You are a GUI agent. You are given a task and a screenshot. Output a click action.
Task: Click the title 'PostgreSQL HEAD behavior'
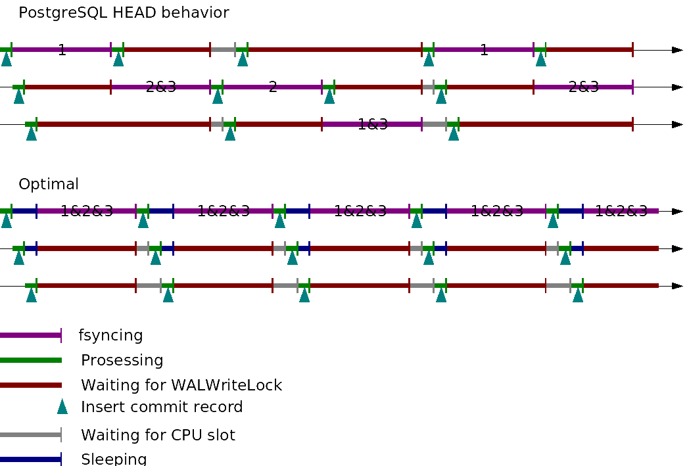(x=124, y=12)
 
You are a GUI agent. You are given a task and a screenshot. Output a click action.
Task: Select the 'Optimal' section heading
(x=49, y=184)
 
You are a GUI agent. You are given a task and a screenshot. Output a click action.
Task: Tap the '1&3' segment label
(x=373, y=124)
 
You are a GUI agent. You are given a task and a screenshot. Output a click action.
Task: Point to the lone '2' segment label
(x=273, y=87)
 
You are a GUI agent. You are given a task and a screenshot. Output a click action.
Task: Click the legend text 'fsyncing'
(x=110, y=335)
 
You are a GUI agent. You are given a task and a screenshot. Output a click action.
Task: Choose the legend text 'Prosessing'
(x=122, y=360)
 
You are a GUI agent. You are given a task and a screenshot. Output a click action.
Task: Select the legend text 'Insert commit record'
(x=162, y=407)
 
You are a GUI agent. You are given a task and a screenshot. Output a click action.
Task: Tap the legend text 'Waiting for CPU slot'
(x=158, y=435)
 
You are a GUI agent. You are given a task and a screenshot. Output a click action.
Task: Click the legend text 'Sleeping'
(x=113, y=459)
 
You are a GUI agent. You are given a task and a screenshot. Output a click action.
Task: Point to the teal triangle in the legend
(x=62, y=407)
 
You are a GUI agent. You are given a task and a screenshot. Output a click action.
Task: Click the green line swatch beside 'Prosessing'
(x=30, y=360)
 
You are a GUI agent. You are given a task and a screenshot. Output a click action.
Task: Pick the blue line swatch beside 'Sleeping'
(x=30, y=459)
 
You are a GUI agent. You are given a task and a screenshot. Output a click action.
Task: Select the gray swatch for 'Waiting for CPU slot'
(x=30, y=435)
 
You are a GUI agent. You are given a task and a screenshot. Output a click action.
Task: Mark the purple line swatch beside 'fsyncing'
(x=30, y=335)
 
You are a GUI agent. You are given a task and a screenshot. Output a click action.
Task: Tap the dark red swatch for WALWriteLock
(x=30, y=385)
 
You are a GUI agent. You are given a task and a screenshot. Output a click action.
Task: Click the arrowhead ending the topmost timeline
(x=677, y=50)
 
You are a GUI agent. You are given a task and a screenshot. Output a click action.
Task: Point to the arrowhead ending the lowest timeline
(x=677, y=286)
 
